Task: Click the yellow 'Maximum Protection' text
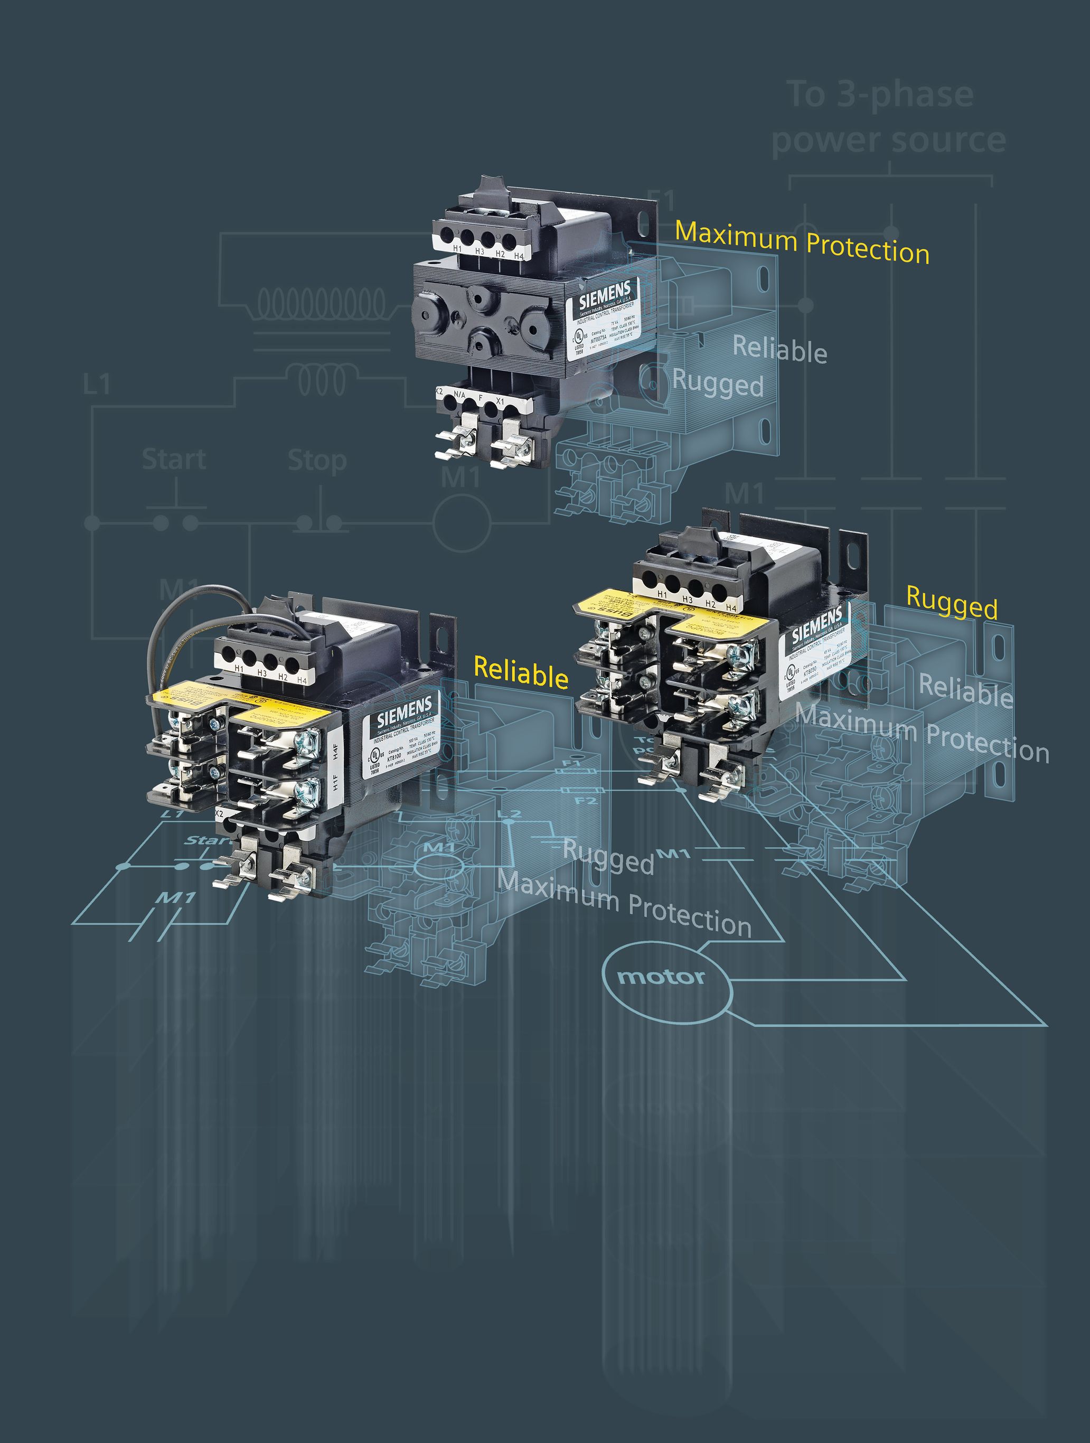(x=802, y=242)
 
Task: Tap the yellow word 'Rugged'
(x=951, y=603)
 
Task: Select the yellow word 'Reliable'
(x=521, y=672)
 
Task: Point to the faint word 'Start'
(x=174, y=459)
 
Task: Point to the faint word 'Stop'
(x=317, y=461)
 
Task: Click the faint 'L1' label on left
(x=97, y=385)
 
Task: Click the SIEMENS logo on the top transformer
(x=605, y=295)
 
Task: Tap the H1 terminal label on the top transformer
(x=457, y=249)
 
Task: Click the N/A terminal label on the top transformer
(x=459, y=395)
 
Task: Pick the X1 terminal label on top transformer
(x=500, y=401)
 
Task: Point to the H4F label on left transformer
(x=335, y=752)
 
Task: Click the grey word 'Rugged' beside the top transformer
(x=718, y=383)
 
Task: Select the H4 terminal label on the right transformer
(x=730, y=608)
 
